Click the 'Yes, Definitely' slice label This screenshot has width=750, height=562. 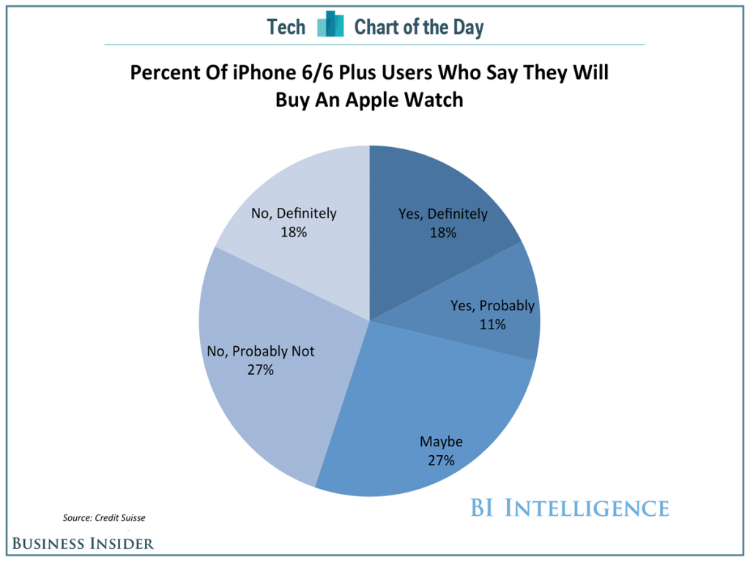(442, 214)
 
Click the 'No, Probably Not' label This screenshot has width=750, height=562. (261, 351)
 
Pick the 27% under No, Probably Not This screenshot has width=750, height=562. (261, 370)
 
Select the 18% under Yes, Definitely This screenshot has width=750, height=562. (442, 233)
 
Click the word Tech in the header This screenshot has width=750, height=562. (286, 27)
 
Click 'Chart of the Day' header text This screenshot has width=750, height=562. (419, 27)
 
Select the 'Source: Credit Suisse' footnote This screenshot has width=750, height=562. (104, 518)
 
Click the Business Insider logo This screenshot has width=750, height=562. (82, 543)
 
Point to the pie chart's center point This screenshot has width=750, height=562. (370, 321)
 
